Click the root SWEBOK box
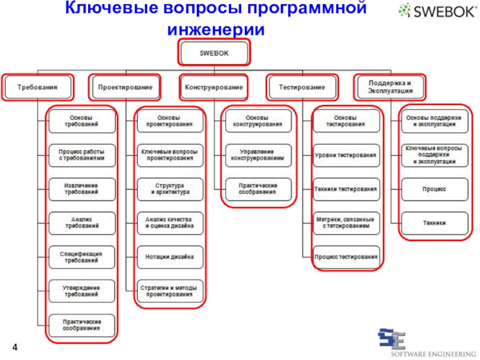pyautogui.click(x=214, y=52)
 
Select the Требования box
pyautogui.click(x=37, y=87)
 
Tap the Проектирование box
pyautogui.click(x=125, y=87)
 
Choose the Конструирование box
pyautogui.click(x=214, y=87)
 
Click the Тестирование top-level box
pyautogui.click(x=302, y=87)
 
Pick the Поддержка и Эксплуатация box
pyautogui.click(x=390, y=87)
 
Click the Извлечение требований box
pyautogui.click(x=82, y=189)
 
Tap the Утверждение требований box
pyautogui.click(x=82, y=291)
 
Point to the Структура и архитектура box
pyautogui.click(x=169, y=189)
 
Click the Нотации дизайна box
pyautogui.click(x=169, y=257)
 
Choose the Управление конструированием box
pyautogui.click(x=258, y=155)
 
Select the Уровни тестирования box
pyautogui.click(x=346, y=155)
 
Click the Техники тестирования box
pyautogui.click(x=346, y=189)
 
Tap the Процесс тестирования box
pyautogui.click(x=346, y=257)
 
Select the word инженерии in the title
pyautogui.click(x=216, y=28)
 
